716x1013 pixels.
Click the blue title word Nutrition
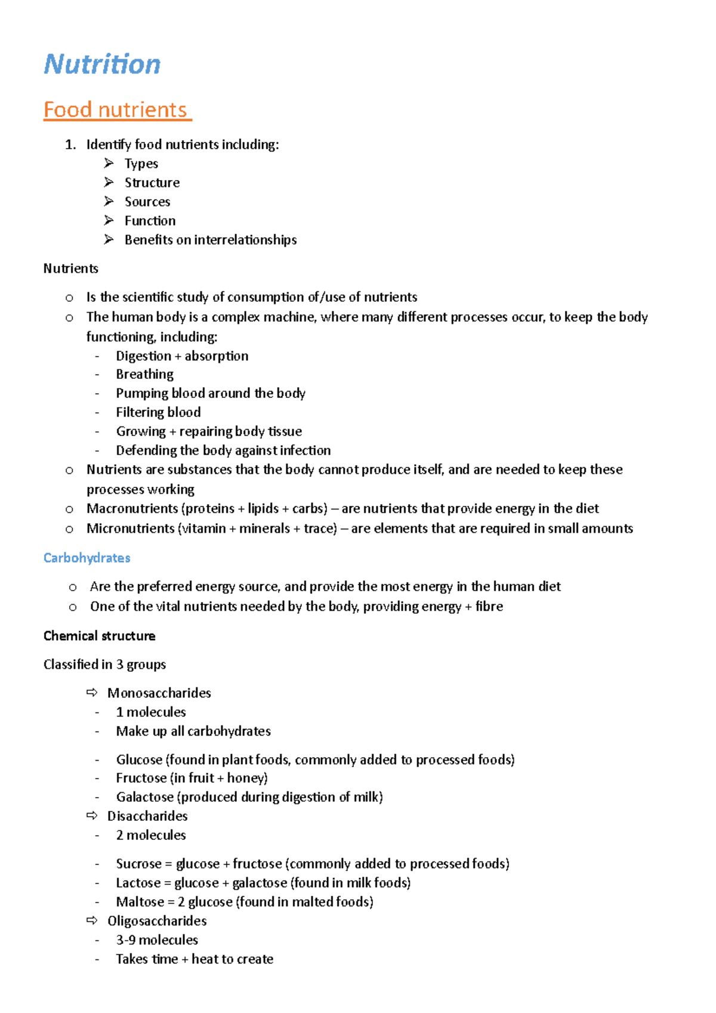tap(102, 64)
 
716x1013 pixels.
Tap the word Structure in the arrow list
tap(152, 183)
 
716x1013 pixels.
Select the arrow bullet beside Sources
tap(109, 201)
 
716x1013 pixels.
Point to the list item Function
tap(150, 221)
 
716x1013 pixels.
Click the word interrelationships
tap(245, 240)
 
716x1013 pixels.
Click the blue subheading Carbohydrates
tap(87, 558)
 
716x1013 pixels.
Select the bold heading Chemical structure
tap(99, 636)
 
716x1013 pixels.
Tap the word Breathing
tap(144, 374)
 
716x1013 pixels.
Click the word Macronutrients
tap(131, 508)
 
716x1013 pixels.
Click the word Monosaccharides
tap(159, 693)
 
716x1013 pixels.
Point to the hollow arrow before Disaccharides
tap(92, 816)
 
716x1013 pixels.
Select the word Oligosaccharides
tap(157, 921)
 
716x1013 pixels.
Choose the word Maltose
tap(140, 902)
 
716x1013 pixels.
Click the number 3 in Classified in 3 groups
tap(119, 665)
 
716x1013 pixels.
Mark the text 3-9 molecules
tap(157, 940)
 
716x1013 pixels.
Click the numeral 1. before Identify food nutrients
tap(70, 144)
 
